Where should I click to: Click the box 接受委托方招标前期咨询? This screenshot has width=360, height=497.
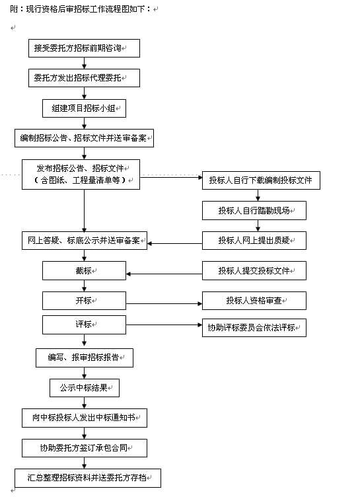(84, 48)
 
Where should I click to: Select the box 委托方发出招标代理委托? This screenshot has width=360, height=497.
(84, 78)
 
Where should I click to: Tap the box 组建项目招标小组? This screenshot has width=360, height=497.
(84, 108)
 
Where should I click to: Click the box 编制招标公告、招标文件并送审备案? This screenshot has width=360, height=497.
(84, 138)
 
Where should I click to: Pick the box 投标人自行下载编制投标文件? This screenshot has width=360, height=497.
(261, 180)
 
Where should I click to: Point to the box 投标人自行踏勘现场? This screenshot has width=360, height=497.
(254, 210)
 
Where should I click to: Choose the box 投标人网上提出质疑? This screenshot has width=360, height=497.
(254, 241)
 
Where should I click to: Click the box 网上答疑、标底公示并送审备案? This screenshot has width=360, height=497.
(85, 241)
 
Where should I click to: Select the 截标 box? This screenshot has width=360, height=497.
(84, 271)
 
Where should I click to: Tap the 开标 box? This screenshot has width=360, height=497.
(84, 301)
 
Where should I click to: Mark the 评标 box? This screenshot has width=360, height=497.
(84, 325)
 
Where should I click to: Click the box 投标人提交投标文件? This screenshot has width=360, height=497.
(254, 271)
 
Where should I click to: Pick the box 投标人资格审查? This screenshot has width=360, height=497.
(254, 301)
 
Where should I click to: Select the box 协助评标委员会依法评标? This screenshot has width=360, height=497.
(254, 327)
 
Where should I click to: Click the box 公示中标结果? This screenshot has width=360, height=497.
(85, 388)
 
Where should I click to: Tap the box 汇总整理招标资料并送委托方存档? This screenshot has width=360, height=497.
(88, 478)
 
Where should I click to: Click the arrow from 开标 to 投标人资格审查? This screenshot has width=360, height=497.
(164, 303)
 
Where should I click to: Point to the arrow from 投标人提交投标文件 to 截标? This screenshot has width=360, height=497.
(164, 274)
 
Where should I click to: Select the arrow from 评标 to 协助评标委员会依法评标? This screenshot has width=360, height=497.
(164, 325)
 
